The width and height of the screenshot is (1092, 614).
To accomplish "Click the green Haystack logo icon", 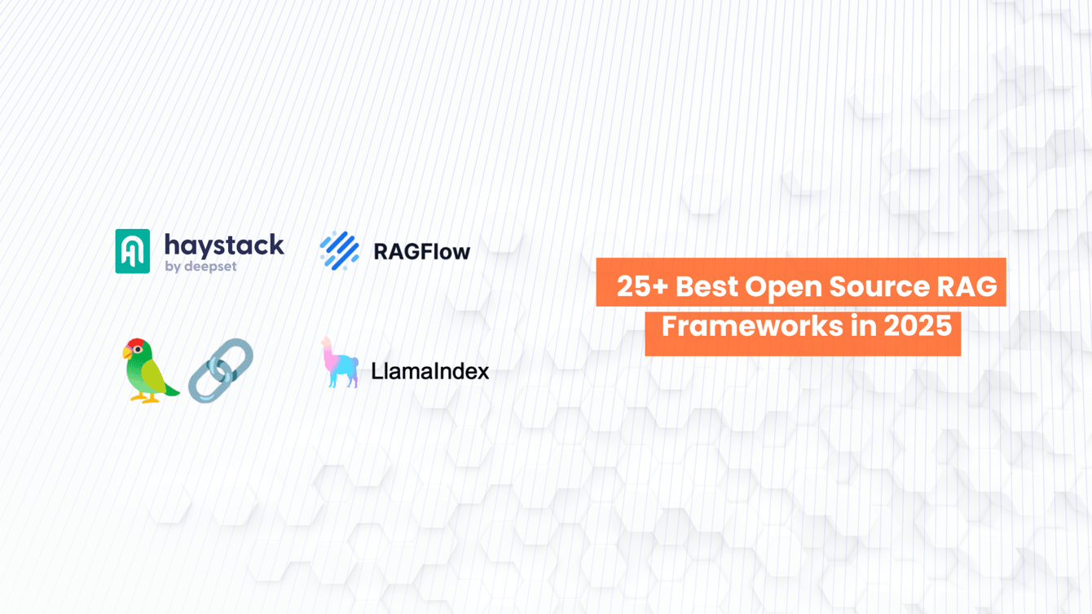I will (x=133, y=251).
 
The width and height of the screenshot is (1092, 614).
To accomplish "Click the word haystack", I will (x=224, y=245).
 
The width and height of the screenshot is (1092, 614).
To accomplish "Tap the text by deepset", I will (x=200, y=267).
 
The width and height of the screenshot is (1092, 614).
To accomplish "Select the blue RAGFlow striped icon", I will (x=339, y=251).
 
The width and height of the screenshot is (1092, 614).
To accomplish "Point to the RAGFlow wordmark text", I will (x=421, y=252).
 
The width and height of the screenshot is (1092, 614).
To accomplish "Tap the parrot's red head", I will (x=139, y=346).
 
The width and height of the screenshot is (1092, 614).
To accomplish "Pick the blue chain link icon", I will (x=221, y=370).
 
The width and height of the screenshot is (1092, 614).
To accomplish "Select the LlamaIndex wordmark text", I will (x=429, y=372).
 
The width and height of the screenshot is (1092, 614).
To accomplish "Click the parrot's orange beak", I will (x=127, y=353).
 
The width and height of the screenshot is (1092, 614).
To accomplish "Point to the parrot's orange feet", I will (x=148, y=399).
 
